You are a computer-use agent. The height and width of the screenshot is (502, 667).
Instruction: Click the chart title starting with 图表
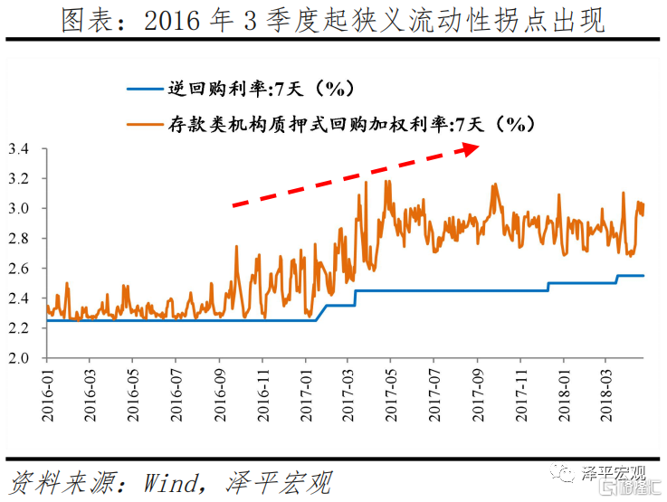[333, 20]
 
